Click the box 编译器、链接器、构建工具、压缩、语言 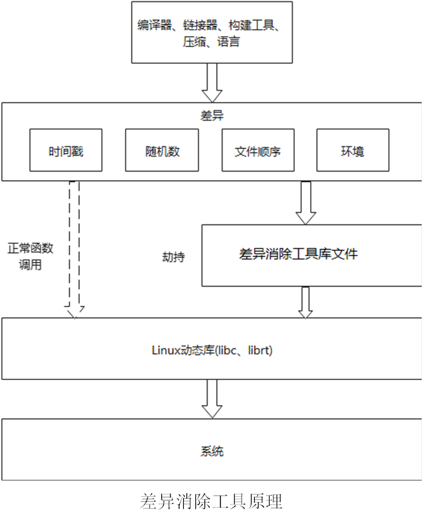coord(211,33)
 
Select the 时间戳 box coord(66,150)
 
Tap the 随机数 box coord(162,150)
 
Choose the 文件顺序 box coord(257,150)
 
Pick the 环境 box coord(352,150)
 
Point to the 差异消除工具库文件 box coord(298,254)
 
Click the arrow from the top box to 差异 coord(211,82)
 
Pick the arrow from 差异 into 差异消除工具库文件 coord(305,203)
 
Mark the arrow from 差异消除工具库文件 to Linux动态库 coord(305,302)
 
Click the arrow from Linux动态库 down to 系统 coord(211,398)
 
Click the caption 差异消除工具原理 coord(211,502)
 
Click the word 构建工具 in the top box coord(252,26)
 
